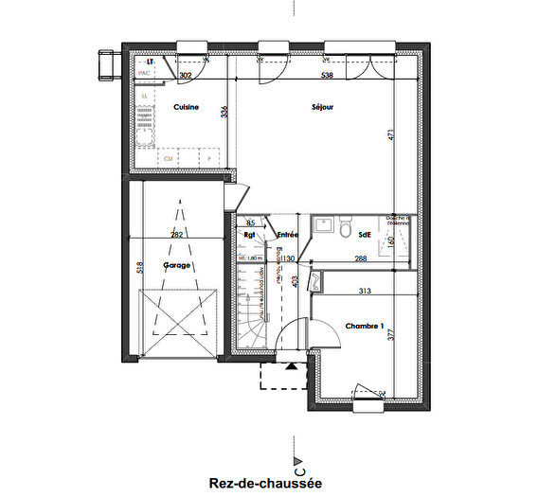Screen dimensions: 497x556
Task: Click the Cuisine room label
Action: [x=186, y=108]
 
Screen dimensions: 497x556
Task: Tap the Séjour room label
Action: [x=323, y=107]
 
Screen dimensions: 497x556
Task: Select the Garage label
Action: [x=178, y=266]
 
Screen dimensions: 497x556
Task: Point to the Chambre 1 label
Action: [x=364, y=327]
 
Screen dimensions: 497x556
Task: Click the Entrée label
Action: [x=288, y=234]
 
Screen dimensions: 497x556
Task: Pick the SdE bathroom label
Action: [x=364, y=232]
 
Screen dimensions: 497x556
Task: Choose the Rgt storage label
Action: [x=251, y=235]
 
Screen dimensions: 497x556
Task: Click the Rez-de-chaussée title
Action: [x=266, y=483]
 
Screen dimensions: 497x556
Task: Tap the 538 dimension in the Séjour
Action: [x=327, y=75]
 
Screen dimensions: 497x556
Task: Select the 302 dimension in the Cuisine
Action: [x=186, y=75]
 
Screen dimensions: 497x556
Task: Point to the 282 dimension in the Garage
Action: [x=175, y=235]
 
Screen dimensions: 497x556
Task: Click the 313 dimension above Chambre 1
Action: [x=366, y=292]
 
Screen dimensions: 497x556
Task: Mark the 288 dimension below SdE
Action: [x=361, y=258]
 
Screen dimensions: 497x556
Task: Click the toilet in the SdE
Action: [x=346, y=231]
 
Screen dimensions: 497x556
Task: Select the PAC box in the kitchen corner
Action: [x=146, y=73]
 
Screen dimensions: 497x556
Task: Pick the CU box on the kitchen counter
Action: [x=168, y=158]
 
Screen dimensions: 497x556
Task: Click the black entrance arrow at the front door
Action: [x=291, y=364]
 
